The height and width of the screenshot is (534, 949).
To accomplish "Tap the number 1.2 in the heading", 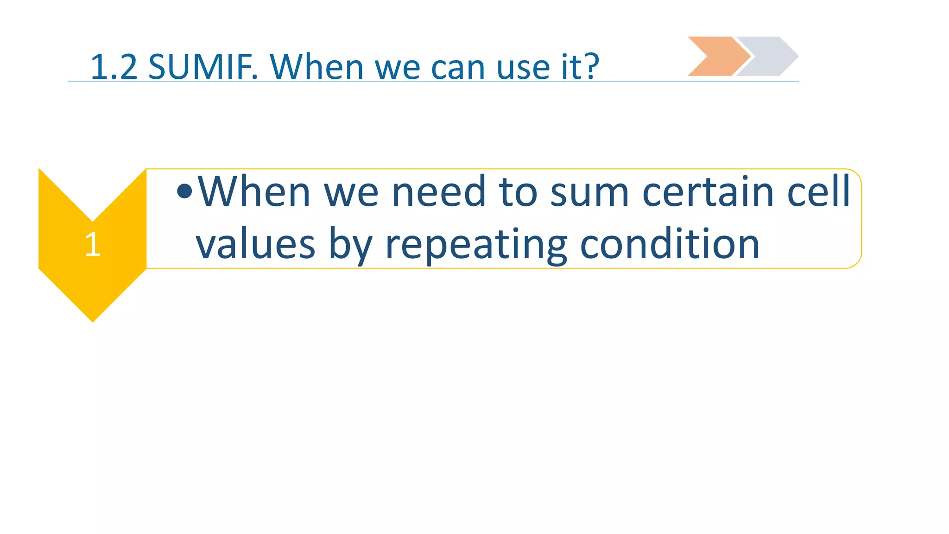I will tap(114, 67).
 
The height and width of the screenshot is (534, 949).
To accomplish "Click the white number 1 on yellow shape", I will tap(93, 244).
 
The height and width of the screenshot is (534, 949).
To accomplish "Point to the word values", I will tap(255, 244).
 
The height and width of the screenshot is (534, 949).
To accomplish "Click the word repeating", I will tap(476, 244).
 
